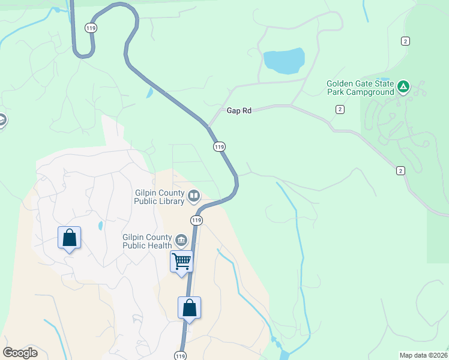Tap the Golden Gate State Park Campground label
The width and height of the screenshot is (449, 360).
pyautogui.click(x=360, y=88)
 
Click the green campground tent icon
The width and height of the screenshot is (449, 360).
pyautogui.click(x=404, y=88)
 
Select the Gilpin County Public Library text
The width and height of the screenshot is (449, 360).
pyautogui.click(x=159, y=197)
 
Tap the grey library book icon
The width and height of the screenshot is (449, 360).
pyautogui.click(x=194, y=195)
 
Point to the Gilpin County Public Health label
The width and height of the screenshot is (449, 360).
pyautogui.click(x=147, y=241)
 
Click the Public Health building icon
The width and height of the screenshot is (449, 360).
pyautogui.click(x=181, y=241)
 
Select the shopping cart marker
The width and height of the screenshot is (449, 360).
pyautogui.click(x=181, y=261)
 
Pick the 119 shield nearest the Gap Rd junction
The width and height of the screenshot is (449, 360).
pyautogui.click(x=219, y=146)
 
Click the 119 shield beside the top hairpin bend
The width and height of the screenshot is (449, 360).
pyautogui.click(x=91, y=28)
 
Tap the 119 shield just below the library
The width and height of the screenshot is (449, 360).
pyautogui.click(x=196, y=220)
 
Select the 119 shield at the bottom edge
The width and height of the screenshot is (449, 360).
pyautogui.click(x=181, y=355)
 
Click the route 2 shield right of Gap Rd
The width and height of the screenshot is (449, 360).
pyautogui.click(x=340, y=109)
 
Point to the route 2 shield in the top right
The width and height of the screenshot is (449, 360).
pyautogui.click(x=406, y=40)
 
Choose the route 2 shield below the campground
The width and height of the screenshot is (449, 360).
pyautogui.click(x=400, y=170)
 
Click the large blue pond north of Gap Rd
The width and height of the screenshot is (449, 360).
pyautogui.click(x=283, y=61)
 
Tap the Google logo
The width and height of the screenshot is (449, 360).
pyautogui.click(x=20, y=352)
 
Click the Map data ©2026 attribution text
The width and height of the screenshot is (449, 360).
pyautogui.click(x=423, y=355)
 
